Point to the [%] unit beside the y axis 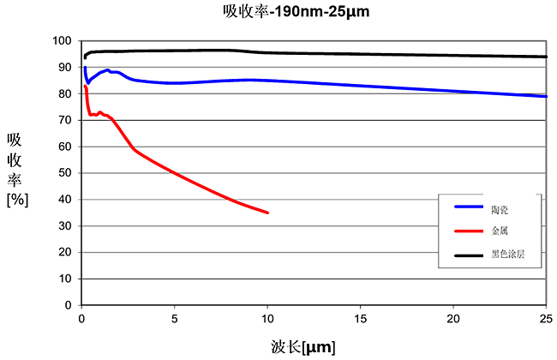[17, 200]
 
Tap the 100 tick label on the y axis [61, 40]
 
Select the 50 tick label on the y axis [64, 173]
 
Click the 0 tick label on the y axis [67, 305]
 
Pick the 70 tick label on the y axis [64, 120]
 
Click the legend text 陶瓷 [500, 207]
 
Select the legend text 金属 [500, 231]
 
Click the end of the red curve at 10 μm [267, 213]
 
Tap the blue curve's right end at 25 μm [546, 96]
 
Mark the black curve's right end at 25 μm [546, 57]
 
